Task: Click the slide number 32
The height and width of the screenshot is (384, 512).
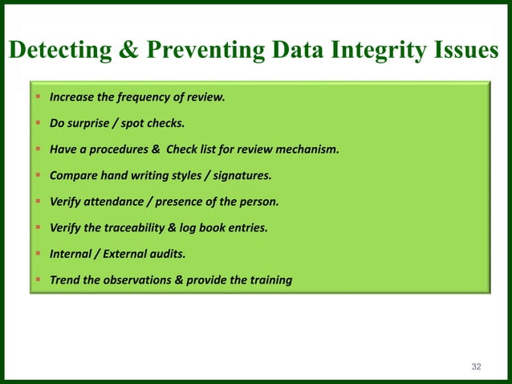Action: pyautogui.click(x=477, y=366)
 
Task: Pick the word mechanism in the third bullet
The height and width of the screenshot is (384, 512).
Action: pyautogui.click(x=309, y=150)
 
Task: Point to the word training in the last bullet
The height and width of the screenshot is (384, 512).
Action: pyautogui.click(x=270, y=280)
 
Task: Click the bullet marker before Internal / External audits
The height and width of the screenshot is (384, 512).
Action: pyautogui.click(x=39, y=254)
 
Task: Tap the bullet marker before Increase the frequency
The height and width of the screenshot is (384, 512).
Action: pyautogui.click(x=39, y=98)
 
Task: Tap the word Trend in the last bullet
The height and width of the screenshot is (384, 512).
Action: pyautogui.click(x=64, y=280)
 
